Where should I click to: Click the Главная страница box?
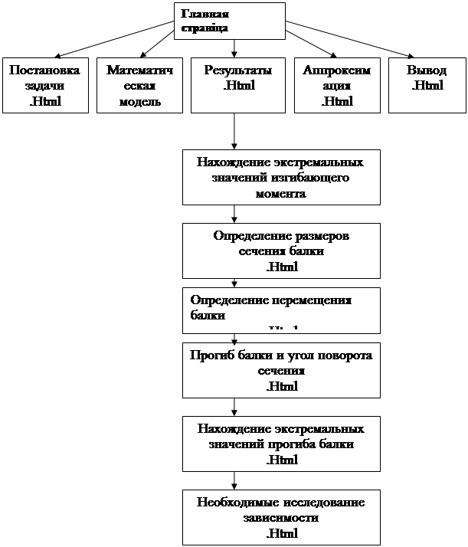point(230,21)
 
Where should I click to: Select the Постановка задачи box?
point(44,86)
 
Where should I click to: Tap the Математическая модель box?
point(139,86)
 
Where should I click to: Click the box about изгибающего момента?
point(281,178)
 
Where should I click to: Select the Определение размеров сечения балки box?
point(281,251)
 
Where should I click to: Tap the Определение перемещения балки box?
point(281,310)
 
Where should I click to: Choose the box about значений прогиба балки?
point(281,444)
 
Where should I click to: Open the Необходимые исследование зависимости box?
point(281,517)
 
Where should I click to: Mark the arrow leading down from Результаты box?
point(234,132)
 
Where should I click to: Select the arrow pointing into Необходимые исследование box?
point(234,481)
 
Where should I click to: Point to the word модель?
point(139,101)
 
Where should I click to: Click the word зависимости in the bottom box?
point(280,518)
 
